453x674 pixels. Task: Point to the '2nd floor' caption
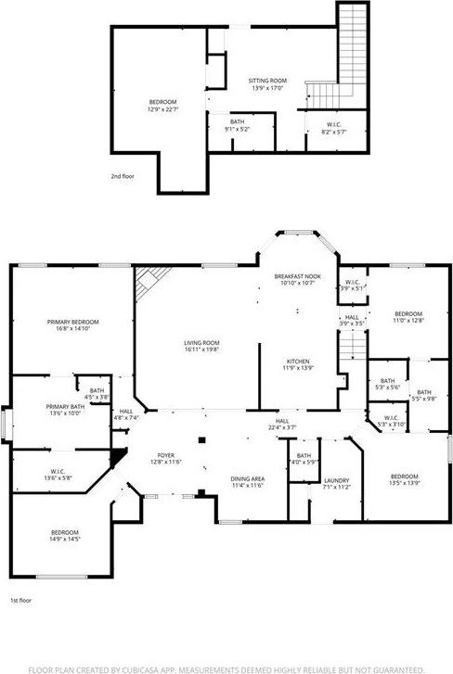point(123,175)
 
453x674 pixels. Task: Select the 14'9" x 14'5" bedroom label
point(64,534)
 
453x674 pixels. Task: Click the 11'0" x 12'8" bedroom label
point(408,317)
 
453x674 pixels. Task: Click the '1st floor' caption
point(22,601)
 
